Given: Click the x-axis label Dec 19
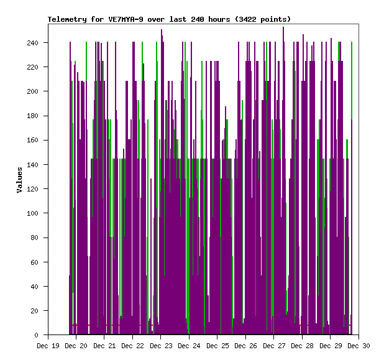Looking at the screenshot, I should pyautogui.click(x=48, y=345).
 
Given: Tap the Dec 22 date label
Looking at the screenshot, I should pyautogui.click(x=132, y=345).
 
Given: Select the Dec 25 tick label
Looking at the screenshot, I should pyautogui.click(x=217, y=345).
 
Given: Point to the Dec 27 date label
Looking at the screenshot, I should pyautogui.click(x=273, y=345).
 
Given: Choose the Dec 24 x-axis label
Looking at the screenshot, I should pyautogui.click(x=189, y=345).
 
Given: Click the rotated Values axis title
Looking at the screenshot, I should pyautogui.click(x=19, y=180).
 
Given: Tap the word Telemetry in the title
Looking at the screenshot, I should pyautogui.click(x=67, y=19).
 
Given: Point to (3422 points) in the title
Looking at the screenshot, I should pyautogui.click(x=260, y=19).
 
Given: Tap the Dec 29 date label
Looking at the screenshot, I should pyautogui.click(x=330, y=345).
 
